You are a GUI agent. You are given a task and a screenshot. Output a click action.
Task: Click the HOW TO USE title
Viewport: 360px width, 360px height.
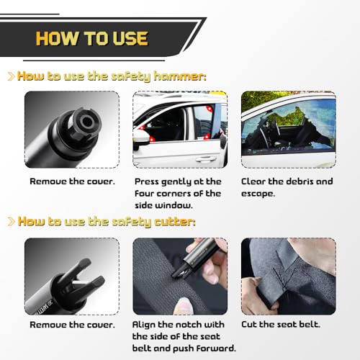pos(91,37)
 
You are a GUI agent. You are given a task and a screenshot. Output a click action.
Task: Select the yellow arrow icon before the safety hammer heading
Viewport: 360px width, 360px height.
pos(10,76)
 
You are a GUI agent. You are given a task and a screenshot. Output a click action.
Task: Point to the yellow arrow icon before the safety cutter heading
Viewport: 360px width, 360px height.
pos(10,221)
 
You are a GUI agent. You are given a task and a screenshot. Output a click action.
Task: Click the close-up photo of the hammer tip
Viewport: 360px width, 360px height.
pos(72,129)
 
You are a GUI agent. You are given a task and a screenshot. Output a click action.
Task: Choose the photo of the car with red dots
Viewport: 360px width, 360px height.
pos(180,129)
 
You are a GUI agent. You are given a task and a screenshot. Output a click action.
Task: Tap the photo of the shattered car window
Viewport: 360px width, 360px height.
pos(288,129)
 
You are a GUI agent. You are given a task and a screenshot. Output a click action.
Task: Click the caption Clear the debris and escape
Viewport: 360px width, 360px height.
pos(287,187)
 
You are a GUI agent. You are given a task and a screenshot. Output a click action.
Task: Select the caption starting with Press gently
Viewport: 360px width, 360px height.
pos(179,193)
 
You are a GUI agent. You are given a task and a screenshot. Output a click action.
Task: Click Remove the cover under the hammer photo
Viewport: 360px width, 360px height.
pos(72,181)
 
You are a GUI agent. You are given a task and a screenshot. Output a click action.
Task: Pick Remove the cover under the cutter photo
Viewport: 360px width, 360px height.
pos(72,325)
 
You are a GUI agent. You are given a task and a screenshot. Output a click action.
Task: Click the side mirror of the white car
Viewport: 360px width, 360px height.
pos(141,138)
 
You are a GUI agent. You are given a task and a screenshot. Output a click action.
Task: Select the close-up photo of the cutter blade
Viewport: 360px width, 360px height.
pos(72,275)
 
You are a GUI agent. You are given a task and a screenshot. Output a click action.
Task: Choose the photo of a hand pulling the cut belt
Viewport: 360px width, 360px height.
pos(288,275)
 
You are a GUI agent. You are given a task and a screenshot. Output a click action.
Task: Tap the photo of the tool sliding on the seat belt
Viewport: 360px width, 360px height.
pos(180,275)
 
